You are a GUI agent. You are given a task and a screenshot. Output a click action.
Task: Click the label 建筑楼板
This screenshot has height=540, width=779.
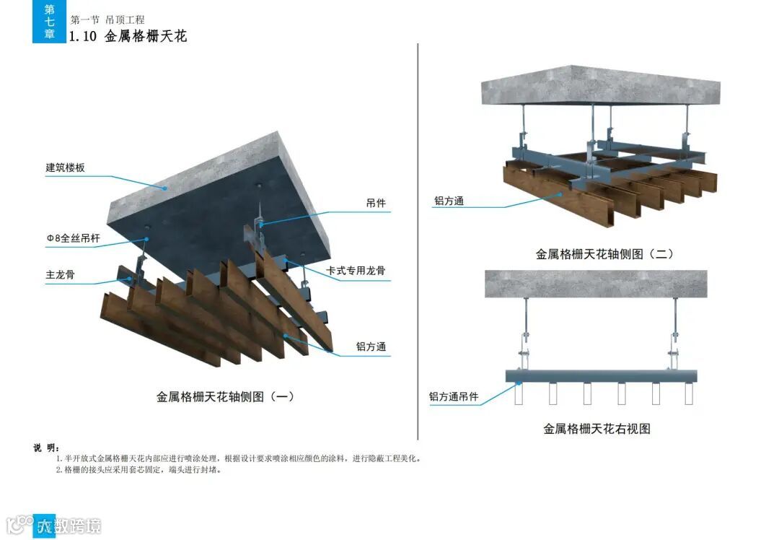coord(66,167)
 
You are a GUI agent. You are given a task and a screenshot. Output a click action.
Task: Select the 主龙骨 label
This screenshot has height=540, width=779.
coord(61,275)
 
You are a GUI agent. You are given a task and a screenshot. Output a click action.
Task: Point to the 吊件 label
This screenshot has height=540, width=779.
coord(376,204)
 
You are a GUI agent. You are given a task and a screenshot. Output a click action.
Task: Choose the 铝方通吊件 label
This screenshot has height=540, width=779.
coord(454,396)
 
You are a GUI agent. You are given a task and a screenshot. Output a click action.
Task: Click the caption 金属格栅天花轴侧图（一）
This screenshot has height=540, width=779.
coord(225,396)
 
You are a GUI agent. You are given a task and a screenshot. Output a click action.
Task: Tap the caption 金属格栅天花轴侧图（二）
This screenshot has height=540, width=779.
coord(604,254)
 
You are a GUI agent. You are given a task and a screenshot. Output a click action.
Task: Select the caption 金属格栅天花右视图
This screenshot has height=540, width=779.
coord(597,429)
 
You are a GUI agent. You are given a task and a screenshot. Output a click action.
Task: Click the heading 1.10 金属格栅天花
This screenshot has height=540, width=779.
coord(128,36)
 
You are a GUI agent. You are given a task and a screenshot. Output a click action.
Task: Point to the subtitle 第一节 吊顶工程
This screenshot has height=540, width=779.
coord(107,19)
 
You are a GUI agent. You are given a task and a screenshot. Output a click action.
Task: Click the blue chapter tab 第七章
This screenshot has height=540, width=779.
coord(49,21)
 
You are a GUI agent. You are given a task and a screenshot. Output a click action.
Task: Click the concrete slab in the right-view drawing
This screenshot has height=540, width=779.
coord(596,283)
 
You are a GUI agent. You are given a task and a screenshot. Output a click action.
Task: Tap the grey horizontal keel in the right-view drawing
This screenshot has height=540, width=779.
coord(602,376)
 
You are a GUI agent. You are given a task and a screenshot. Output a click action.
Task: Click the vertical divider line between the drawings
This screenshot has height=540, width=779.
coord(418,238)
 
